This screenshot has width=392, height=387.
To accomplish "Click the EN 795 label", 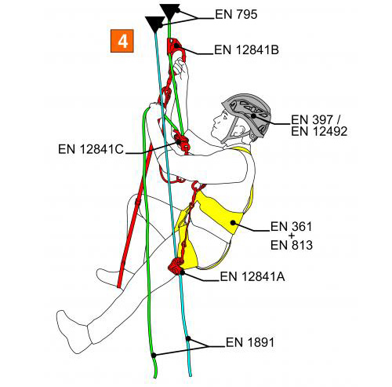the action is (236, 14).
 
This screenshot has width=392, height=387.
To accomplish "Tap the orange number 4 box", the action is (122, 41).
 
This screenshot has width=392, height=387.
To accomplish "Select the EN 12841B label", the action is (246, 49).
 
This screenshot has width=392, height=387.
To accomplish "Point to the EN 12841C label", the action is (91, 149).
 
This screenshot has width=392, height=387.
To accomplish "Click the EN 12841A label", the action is (252, 276).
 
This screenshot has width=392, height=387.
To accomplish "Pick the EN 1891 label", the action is (250, 342).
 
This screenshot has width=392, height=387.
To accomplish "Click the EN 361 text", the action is (291, 227).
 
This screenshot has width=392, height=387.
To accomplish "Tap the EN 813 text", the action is (292, 245).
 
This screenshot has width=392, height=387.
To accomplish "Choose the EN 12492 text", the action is (319, 131).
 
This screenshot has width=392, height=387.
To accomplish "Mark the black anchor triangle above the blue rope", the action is (154, 24).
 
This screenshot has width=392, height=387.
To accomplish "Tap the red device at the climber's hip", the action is (176, 266).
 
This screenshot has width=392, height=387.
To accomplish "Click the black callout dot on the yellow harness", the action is (233, 223).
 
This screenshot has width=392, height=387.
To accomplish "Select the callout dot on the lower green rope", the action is (154, 355).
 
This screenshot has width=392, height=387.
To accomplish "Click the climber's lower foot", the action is (74, 332).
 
